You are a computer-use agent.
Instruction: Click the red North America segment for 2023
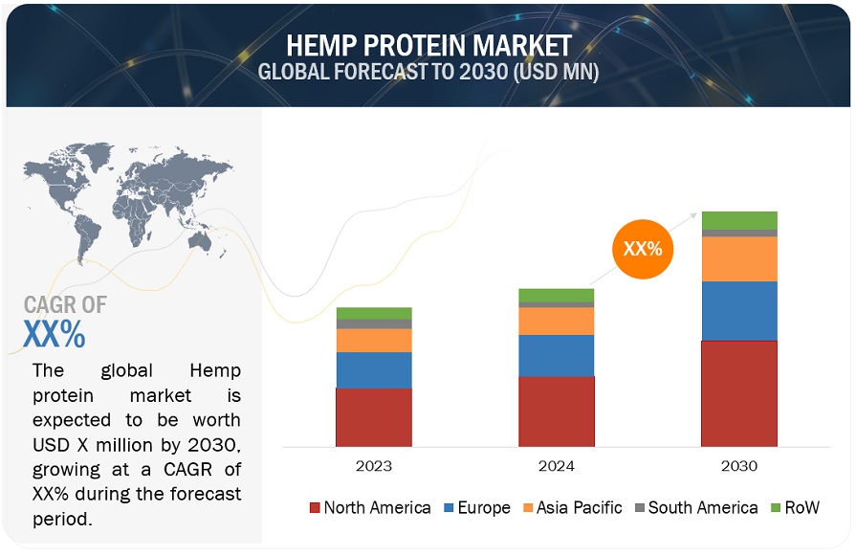(374, 417)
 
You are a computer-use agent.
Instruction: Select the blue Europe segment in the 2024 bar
(557, 356)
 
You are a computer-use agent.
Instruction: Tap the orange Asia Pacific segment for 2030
(739, 259)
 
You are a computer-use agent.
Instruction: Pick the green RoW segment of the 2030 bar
(739, 221)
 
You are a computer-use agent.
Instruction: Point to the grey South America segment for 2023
(374, 323)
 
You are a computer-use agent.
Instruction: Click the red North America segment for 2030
(739, 393)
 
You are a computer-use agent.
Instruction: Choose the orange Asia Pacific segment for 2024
(557, 322)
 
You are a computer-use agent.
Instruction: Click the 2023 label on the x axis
(374, 466)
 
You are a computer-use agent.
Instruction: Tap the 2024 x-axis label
(557, 466)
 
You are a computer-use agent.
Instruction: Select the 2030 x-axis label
(739, 466)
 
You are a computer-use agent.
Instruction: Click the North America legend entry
(370, 507)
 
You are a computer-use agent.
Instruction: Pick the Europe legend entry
(477, 507)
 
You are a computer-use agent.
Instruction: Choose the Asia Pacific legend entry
(572, 507)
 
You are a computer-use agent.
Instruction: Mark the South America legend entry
(696, 507)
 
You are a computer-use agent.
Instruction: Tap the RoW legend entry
(795, 507)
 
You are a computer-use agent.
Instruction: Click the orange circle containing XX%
(643, 249)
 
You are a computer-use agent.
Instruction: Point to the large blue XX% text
(55, 333)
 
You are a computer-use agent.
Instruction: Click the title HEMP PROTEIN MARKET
(429, 45)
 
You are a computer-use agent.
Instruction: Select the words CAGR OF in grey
(65, 304)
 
